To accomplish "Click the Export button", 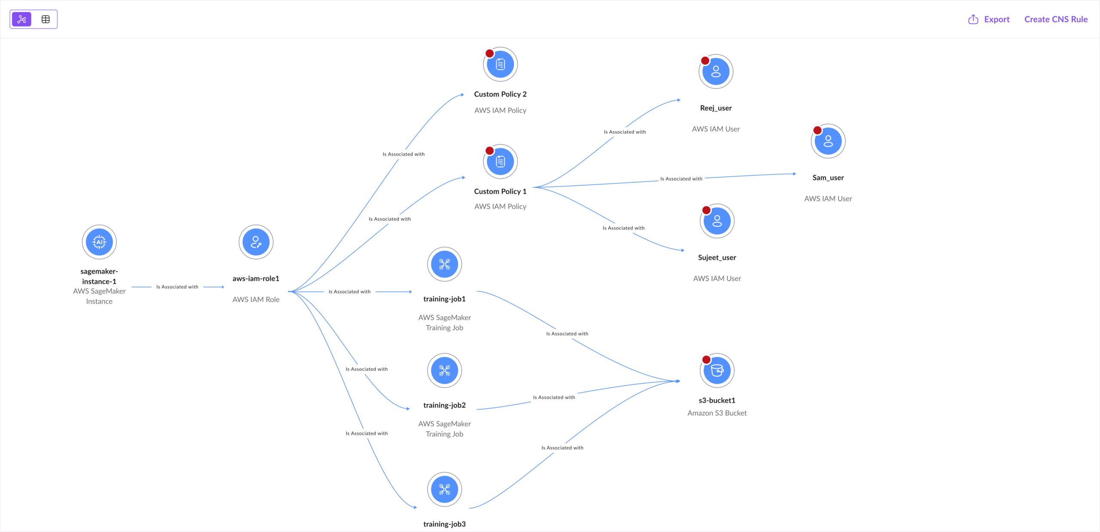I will [x=989, y=19].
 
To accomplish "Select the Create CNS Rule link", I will [x=1056, y=19].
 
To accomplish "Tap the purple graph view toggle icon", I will [x=22, y=19].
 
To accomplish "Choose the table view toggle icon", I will [x=46, y=19].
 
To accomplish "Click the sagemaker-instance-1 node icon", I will [x=99, y=242].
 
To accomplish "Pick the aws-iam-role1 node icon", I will [x=256, y=242].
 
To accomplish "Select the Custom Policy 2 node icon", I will [x=500, y=64].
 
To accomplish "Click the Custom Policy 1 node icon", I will [x=500, y=162].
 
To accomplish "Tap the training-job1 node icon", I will [x=444, y=264].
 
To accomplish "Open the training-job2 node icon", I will [x=444, y=370].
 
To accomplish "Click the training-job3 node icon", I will [x=444, y=489].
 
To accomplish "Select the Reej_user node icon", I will [x=716, y=72].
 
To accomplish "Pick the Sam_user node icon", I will [x=828, y=141].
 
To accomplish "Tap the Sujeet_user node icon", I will [x=717, y=221].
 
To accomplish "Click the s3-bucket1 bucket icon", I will [x=717, y=370].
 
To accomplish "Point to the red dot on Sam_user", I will [x=818, y=130].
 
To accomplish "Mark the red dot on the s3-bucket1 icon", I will [x=706, y=360].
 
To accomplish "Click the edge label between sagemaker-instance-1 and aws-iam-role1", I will [x=177, y=287].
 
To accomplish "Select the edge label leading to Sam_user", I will [x=681, y=179].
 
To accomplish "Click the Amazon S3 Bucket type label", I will [x=717, y=413].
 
